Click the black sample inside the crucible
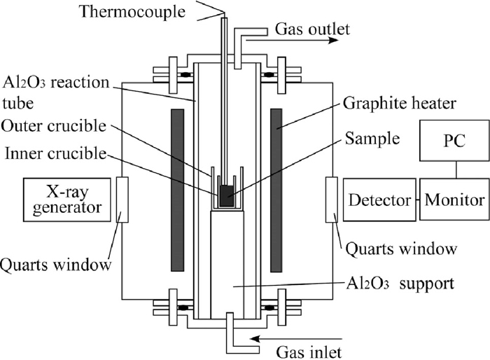(x=227, y=195)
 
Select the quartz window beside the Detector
(x=332, y=200)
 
